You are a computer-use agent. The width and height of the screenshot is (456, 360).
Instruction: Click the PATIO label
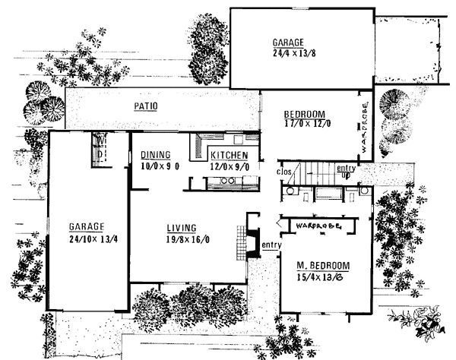click(x=146, y=106)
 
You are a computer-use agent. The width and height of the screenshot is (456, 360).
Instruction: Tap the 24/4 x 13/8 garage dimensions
click(x=294, y=53)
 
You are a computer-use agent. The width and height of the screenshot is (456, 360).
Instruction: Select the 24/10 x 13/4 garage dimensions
click(x=93, y=239)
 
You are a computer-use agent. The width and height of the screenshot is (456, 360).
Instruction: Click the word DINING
click(x=156, y=155)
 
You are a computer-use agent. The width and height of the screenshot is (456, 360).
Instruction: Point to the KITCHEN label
click(x=230, y=156)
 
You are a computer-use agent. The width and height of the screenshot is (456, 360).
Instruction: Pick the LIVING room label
click(x=182, y=228)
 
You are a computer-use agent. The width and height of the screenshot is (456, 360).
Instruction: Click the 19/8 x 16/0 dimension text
click(x=188, y=239)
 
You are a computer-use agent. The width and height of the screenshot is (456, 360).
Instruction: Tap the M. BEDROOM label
click(x=323, y=266)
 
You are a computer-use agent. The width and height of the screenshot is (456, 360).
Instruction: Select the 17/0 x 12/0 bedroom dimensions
click(x=307, y=124)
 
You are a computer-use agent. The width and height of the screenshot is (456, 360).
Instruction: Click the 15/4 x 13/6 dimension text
click(x=319, y=277)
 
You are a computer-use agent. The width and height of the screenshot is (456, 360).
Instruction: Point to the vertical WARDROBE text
click(x=365, y=127)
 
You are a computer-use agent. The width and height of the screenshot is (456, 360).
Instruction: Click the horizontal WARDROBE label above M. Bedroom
click(x=318, y=226)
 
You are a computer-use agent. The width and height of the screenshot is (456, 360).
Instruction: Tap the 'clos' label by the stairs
click(x=283, y=172)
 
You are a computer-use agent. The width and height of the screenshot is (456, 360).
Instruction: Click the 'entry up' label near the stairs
click(x=346, y=172)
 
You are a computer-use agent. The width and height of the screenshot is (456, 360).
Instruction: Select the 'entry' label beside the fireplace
click(x=271, y=245)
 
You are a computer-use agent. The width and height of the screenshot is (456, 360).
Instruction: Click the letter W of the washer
click(x=100, y=141)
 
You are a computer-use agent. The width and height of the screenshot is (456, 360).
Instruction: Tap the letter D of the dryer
click(x=100, y=153)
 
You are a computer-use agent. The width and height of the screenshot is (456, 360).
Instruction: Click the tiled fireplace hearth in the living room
click(x=242, y=243)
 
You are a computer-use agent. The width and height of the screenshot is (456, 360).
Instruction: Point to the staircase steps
click(x=317, y=173)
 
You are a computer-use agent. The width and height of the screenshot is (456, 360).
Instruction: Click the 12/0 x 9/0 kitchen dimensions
click(x=230, y=167)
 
